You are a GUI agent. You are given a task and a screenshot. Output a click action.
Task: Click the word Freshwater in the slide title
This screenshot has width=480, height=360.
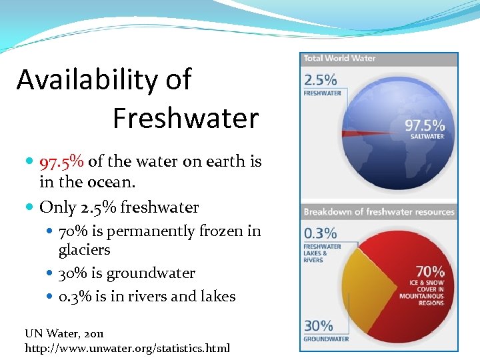click(185, 119)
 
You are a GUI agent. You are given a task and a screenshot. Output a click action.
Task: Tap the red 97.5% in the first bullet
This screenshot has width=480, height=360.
click(62, 161)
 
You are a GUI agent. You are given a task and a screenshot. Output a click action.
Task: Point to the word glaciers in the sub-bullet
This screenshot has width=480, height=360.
click(85, 250)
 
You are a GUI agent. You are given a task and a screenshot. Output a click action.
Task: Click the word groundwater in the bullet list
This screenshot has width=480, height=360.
click(152, 273)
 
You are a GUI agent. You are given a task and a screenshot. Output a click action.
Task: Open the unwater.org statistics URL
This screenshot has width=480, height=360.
click(127, 348)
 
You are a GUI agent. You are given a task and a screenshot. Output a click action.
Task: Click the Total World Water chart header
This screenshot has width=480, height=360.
click(339, 59)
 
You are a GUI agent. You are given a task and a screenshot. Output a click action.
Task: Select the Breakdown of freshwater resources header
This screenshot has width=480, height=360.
click(379, 212)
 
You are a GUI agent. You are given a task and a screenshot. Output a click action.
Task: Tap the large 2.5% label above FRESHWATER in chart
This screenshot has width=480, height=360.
click(320, 80)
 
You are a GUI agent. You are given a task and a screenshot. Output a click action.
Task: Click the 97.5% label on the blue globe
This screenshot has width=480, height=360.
click(425, 125)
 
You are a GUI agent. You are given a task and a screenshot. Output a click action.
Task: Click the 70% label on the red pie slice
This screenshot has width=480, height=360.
click(430, 271)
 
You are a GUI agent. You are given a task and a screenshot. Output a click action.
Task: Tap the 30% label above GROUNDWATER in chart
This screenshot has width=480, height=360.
click(319, 325)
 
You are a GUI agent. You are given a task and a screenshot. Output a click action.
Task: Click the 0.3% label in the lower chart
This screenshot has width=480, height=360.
click(320, 233)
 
